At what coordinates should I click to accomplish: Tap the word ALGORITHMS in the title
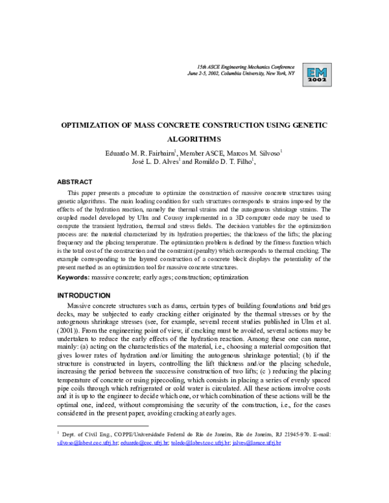click(x=194, y=139)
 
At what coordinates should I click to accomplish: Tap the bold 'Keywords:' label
click(x=76, y=276)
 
